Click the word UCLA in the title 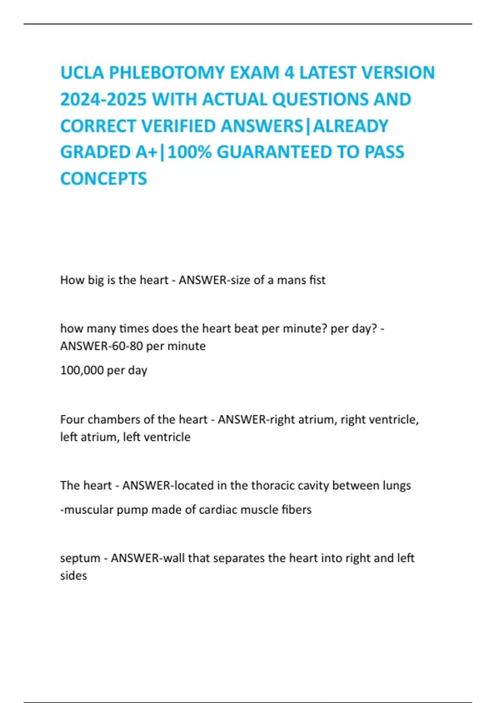82,73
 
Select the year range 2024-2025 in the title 103,99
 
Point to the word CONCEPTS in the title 103,179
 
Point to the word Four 72,419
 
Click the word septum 80,558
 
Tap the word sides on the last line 73,576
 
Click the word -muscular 86,509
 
